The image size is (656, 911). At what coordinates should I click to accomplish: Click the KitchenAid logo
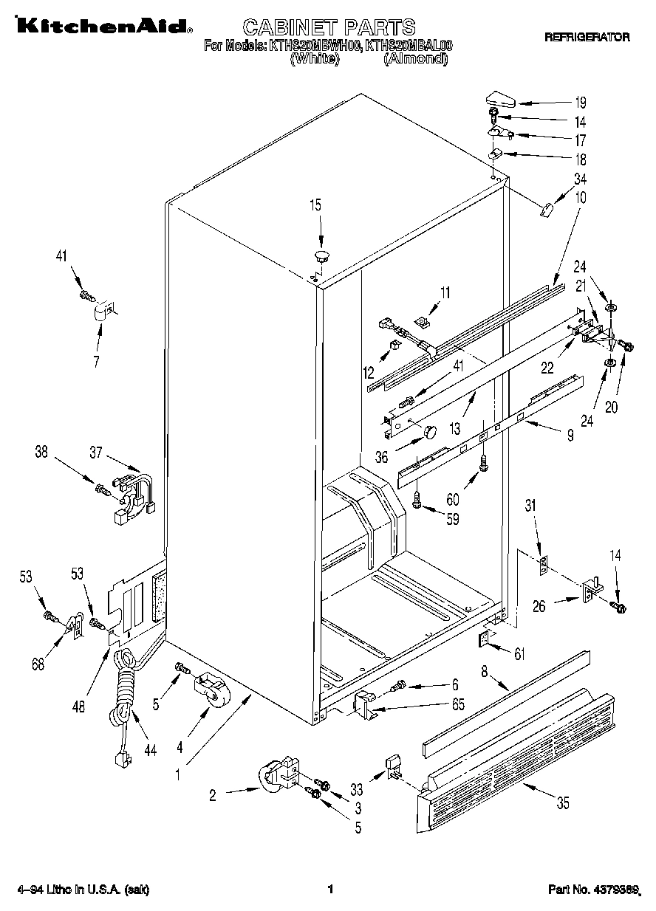100,27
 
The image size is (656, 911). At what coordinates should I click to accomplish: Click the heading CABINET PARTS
329,27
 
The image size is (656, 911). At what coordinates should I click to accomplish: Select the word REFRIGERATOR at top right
587,36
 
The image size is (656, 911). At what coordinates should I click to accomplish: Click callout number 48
79,706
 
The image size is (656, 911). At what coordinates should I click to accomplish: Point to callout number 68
37,663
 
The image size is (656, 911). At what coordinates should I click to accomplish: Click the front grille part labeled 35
517,760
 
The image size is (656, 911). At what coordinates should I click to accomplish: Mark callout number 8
485,672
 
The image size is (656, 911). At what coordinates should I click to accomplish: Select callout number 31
530,505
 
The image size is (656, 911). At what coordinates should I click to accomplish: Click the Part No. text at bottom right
593,889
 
